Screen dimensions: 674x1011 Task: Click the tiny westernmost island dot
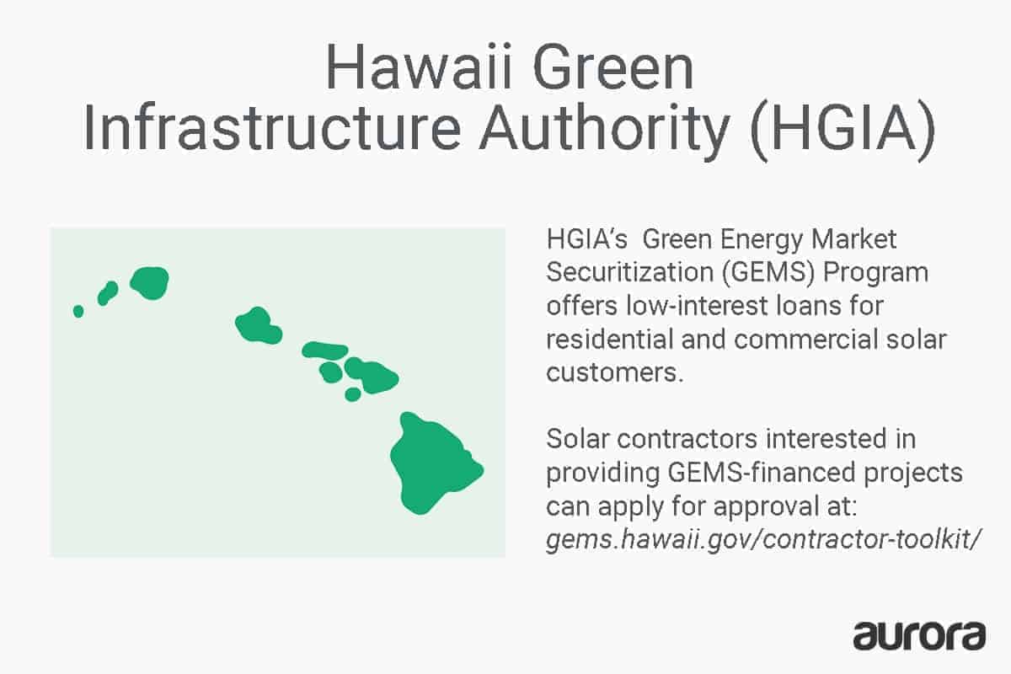[x=78, y=311]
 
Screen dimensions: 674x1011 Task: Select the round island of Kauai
[x=150, y=282]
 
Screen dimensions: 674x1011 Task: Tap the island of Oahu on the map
[x=256, y=325]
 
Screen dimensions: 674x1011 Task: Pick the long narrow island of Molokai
[x=324, y=350]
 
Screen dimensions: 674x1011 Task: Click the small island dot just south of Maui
[x=353, y=393]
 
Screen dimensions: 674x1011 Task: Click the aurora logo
[x=919, y=635]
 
